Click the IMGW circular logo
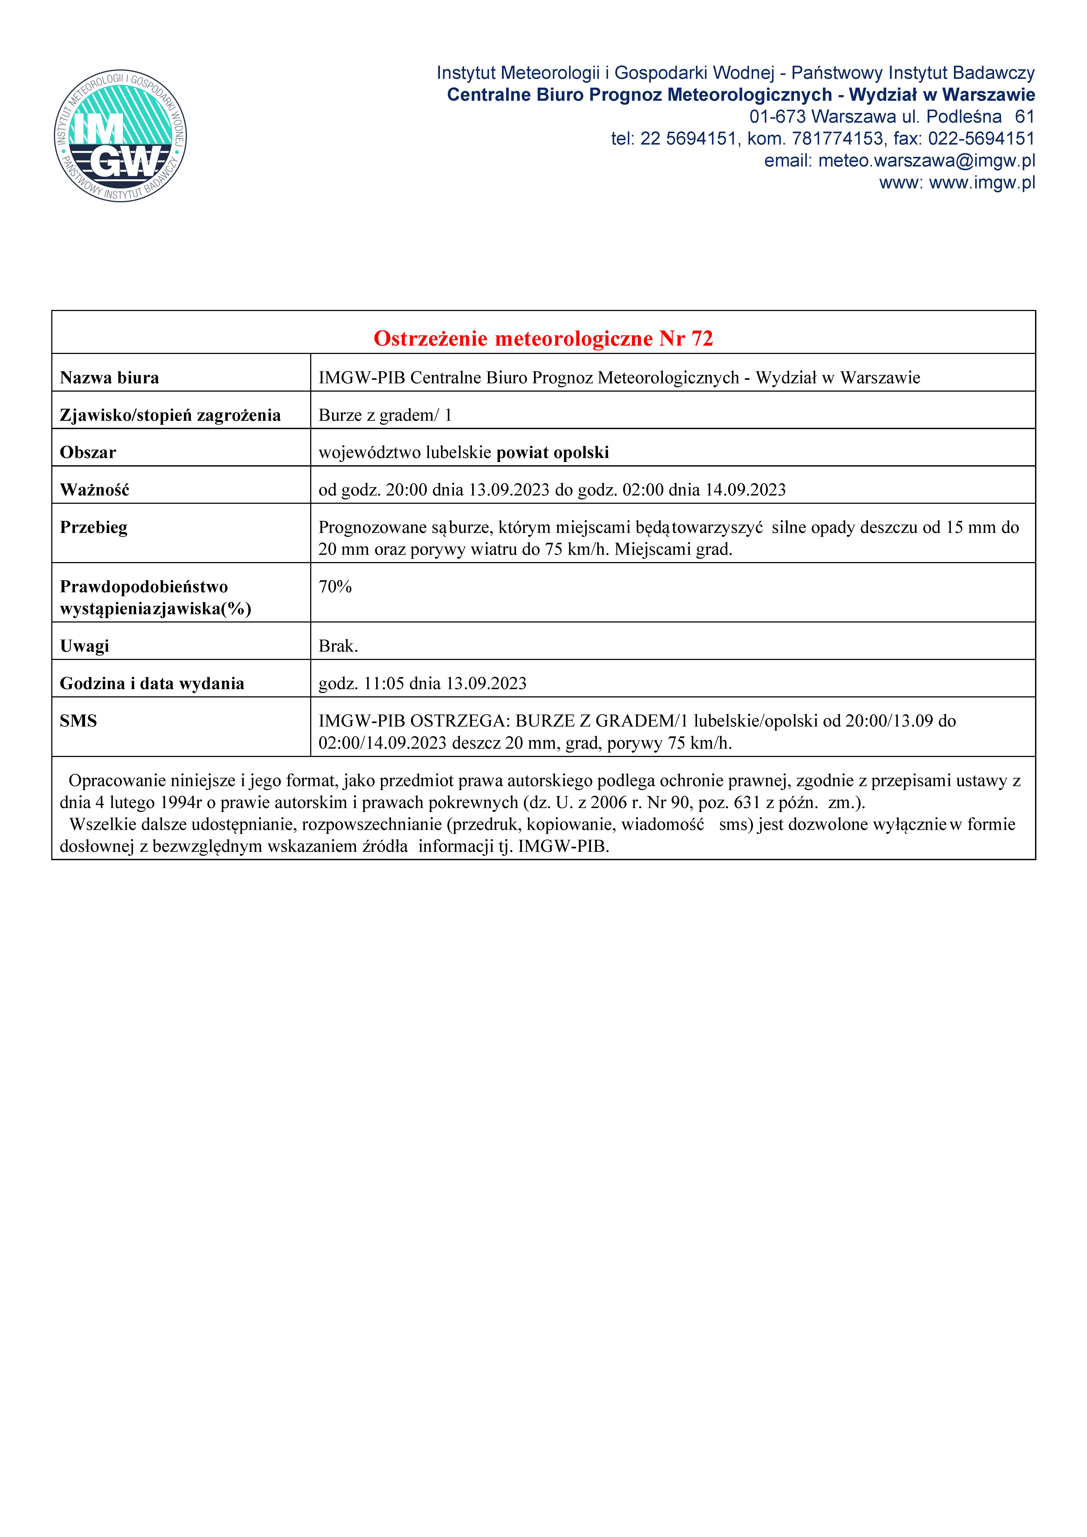pyautogui.click(x=121, y=136)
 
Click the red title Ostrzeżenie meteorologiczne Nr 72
pyautogui.click(x=543, y=338)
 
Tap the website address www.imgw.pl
pyautogui.click(x=982, y=183)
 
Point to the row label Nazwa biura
pyautogui.click(x=109, y=378)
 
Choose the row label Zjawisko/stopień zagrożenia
pyautogui.click(x=170, y=415)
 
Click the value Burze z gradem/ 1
pyautogui.click(x=385, y=415)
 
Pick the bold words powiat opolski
pyautogui.click(x=553, y=453)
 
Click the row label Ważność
pyautogui.click(x=94, y=490)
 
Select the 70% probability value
pyautogui.click(x=335, y=586)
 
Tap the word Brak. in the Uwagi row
pyautogui.click(x=338, y=646)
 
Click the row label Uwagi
pyautogui.click(x=84, y=646)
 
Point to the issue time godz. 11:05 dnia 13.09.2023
pyautogui.click(x=423, y=683)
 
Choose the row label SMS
pyautogui.click(x=78, y=721)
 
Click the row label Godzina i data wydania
pyautogui.click(x=152, y=683)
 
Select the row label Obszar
pyautogui.click(x=88, y=453)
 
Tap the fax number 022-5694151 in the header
pyautogui.click(x=981, y=139)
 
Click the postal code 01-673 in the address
pyautogui.click(x=777, y=117)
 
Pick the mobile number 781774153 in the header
pyautogui.click(x=837, y=139)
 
